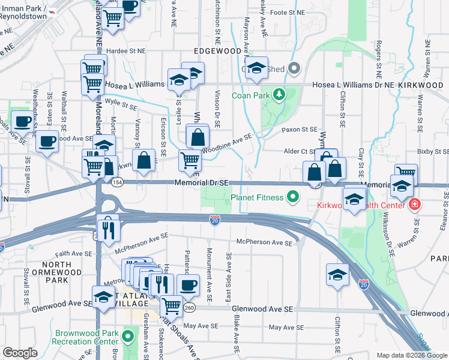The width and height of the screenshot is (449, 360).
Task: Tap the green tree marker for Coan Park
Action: click(279, 95)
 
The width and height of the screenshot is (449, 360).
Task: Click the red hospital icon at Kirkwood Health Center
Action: click(414, 205)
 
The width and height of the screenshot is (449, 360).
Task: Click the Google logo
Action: click(20, 353)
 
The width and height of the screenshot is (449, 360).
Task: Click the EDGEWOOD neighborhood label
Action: click(217, 52)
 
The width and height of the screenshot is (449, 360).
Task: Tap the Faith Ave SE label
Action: click(71, 254)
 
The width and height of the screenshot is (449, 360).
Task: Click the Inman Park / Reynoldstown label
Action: click(23, 12)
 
